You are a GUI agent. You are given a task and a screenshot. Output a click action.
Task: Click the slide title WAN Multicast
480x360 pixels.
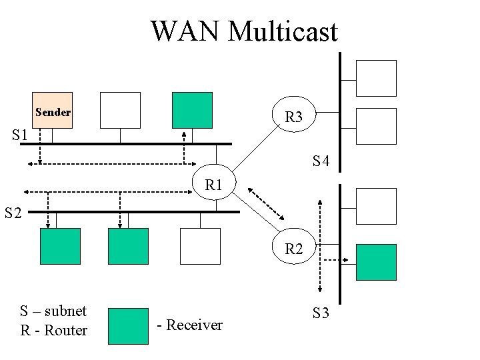pyautogui.click(x=244, y=31)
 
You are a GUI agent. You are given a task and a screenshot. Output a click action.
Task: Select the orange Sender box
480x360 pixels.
pyautogui.click(x=52, y=110)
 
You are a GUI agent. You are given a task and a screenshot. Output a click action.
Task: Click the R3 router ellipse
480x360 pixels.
pyautogui.click(x=294, y=117)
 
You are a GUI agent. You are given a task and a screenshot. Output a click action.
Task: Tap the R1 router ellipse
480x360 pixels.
pyautogui.click(x=213, y=185)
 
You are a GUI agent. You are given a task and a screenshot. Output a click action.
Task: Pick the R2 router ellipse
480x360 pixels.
pyautogui.click(x=294, y=249)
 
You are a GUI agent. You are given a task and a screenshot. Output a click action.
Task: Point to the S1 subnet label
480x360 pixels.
pyautogui.click(x=20, y=135)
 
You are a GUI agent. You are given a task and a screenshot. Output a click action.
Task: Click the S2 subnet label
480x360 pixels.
pyautogui.click(x=13, y=213)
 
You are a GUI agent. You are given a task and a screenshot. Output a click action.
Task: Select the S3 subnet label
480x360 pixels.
pyautogui.click(x=321, y=313)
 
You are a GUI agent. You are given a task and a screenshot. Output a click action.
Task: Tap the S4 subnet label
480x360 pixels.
pyautogui.click(x=321, y=161)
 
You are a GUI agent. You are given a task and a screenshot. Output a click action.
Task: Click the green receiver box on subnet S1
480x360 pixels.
pyautogui.click(x=192, y=110)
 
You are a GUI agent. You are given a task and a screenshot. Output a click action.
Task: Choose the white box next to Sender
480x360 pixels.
pyautogui.click(x=120, y=110)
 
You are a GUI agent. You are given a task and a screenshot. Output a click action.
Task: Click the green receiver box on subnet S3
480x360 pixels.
pyautogui.click(x=376, y=262)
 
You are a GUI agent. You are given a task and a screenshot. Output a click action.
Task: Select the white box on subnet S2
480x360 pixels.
pyautogui.click(x=200, y=246)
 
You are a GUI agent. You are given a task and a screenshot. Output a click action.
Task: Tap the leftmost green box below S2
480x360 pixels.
pyautogui.click(x=60, y=246)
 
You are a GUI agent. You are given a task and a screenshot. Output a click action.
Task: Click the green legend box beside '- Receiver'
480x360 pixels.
pyautogui.click(x=128, y=325)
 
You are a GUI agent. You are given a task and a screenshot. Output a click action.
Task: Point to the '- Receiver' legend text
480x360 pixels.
pyautogui.click(x=189, y=325)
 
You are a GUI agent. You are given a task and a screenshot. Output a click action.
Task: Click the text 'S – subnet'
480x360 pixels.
pyautogui.click(x=53, y=311)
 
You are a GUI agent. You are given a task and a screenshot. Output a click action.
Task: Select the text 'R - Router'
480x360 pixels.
pyautogui.click(x=53, y=330)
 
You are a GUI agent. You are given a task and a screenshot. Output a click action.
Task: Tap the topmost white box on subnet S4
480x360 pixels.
pyautogui.click(x=376, y=78)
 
